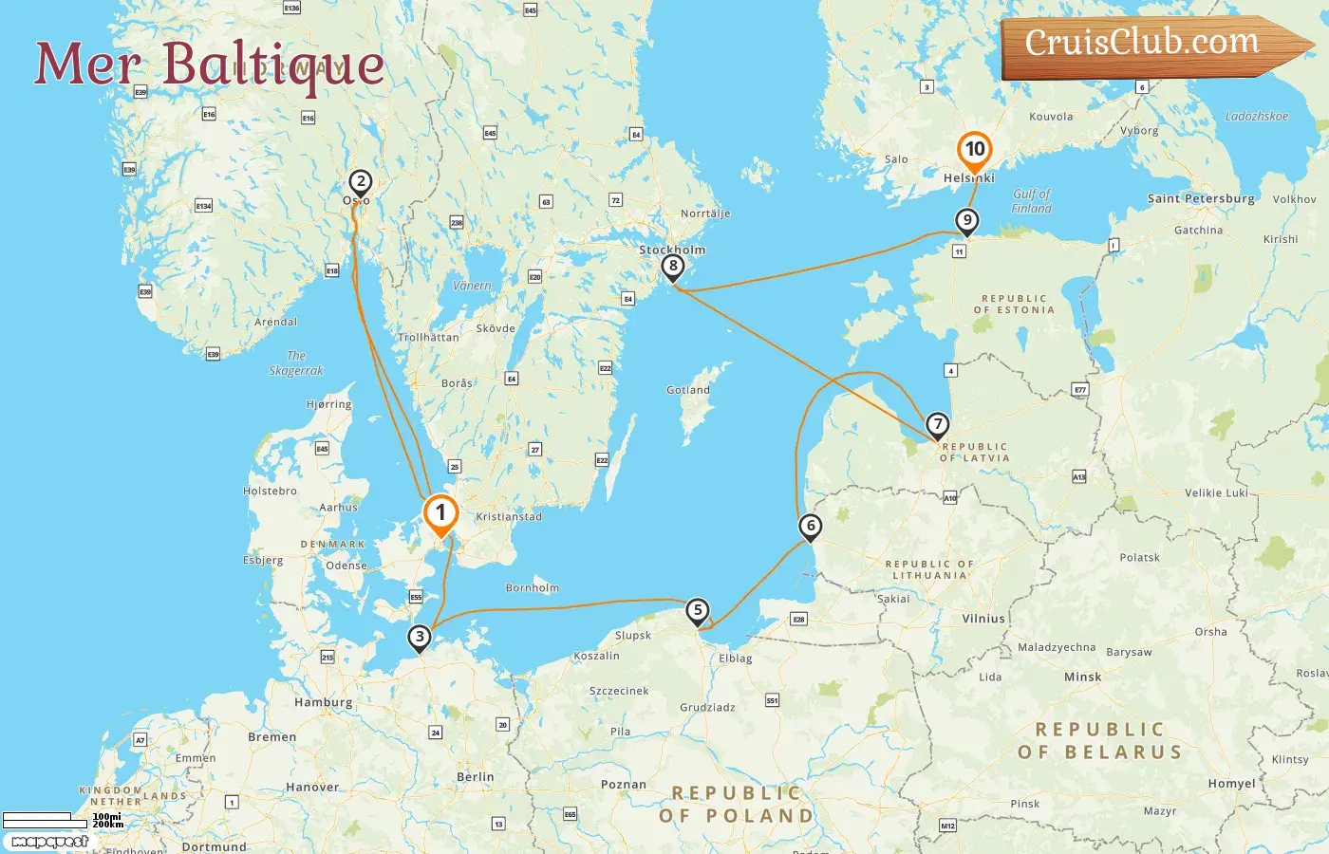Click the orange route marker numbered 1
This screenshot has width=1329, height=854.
click(x=440, y=513)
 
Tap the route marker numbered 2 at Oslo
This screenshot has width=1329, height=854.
click(x=360, y=181)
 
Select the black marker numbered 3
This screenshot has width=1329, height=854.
click(x=419, y=637)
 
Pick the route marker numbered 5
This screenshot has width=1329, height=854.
click(x=698, y=610)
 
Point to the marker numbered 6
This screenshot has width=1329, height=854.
click(x=810, y=526)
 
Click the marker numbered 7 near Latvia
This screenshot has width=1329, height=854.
click(x=937, y=424)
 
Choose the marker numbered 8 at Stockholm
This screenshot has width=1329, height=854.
click(x=673, y=266)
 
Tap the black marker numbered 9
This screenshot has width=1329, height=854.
click(x=966, y=221)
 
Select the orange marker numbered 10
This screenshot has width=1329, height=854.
click(x=975, y=149)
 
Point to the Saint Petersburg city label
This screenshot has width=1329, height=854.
click(x=1201, y=198)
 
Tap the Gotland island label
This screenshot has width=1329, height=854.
click(x=688, y=390)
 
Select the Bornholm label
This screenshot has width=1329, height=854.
click(x=533, y=587)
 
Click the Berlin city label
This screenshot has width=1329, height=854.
click(x=476, y=776)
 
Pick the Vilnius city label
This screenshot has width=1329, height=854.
click(x=983, y=619)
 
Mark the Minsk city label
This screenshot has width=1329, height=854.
click(x=1082, y=677)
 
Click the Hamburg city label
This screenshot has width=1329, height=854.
click(x=324, y=702)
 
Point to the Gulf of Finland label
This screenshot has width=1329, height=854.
click(x=1032, y=200)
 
